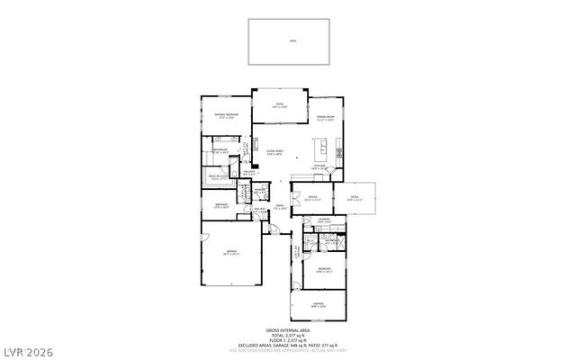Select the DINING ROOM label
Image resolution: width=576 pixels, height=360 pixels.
326,117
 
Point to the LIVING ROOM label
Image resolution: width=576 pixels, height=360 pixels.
274,152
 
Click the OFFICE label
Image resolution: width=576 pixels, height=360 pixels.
312,198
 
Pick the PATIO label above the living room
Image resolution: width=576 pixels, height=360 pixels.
280,105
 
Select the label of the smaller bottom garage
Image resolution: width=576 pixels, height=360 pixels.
318,304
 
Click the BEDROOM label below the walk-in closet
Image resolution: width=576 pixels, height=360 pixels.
221,206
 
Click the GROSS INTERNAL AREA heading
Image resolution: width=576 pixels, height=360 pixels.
289,330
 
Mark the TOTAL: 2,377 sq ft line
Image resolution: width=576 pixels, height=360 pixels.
289,336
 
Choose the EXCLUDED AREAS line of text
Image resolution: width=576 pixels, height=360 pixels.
289,346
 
